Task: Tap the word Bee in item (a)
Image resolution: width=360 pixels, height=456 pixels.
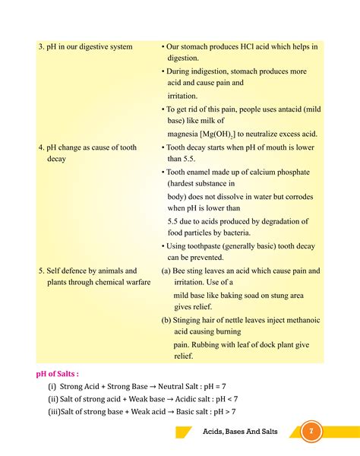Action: click(181, 271)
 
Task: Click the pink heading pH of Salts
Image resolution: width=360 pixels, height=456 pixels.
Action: click(58, 374)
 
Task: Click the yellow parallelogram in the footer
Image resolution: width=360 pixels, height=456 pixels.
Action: click(183, 432)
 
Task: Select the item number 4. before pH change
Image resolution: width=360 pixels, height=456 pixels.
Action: click(41, 147)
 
